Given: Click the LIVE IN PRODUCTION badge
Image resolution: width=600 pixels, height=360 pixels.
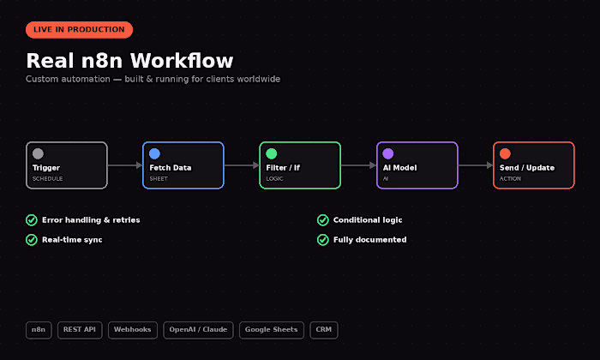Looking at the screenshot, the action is (79, 30).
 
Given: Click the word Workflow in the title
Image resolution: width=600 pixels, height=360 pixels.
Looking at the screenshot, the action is (182, 61).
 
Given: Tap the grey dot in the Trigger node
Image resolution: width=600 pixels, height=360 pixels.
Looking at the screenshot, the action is (38, 153).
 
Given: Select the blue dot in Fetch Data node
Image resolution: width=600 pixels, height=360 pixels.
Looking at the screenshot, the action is (154, 153).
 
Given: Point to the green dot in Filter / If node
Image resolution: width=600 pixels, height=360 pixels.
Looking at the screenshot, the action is (272, 153).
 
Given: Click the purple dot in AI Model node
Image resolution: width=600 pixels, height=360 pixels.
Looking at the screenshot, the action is (388, 153).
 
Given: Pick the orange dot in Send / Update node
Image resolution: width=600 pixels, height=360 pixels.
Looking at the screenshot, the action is (505, 153).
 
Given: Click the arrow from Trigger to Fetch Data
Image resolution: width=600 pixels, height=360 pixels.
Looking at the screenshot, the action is (125, 165).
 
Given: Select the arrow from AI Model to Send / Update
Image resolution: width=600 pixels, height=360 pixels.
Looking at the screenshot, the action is (476, 165).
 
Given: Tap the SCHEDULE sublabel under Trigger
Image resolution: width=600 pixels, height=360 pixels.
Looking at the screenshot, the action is (47, 178).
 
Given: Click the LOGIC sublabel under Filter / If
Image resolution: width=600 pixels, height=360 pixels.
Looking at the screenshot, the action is (275, 178).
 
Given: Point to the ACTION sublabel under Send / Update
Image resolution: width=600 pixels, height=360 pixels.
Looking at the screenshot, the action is (510, 178).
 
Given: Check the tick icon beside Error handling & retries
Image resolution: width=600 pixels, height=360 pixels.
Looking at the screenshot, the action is (32, 220).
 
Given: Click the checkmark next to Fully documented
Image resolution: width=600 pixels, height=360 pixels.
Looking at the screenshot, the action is (323, 240).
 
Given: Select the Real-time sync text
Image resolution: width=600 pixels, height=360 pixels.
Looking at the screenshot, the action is (72, 240).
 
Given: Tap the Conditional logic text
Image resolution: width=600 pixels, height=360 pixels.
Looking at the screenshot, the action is (368, 220).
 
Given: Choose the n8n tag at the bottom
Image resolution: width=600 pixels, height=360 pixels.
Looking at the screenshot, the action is (39, 330).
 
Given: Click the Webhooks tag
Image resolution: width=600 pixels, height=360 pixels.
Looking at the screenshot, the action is (132, 330).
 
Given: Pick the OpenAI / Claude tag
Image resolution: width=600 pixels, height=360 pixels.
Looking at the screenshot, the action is (198, 330).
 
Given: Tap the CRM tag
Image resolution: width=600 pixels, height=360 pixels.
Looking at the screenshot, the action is (324, 330).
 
